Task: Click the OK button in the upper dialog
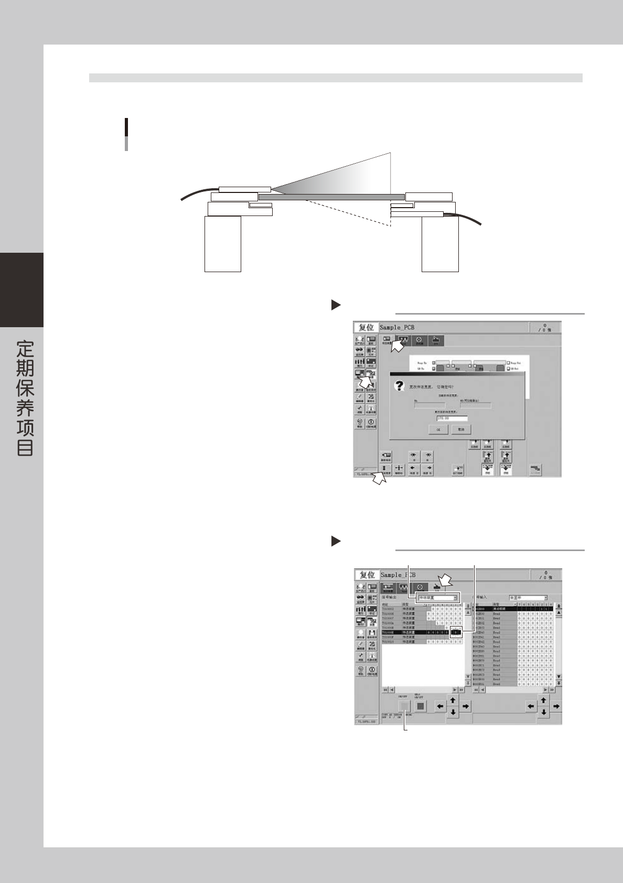[x=438, y=429]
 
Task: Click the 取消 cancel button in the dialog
[x=461, y=429]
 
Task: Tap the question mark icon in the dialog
[x=400, y=386]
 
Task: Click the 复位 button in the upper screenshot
[x=366, y=328]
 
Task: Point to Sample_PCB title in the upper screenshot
[x=397, y=328]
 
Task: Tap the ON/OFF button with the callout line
[x=404, y=706]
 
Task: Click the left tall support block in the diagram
[x=222, y=244]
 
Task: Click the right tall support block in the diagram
[x=440, y=244]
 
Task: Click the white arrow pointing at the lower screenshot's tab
[x=446, y=580]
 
